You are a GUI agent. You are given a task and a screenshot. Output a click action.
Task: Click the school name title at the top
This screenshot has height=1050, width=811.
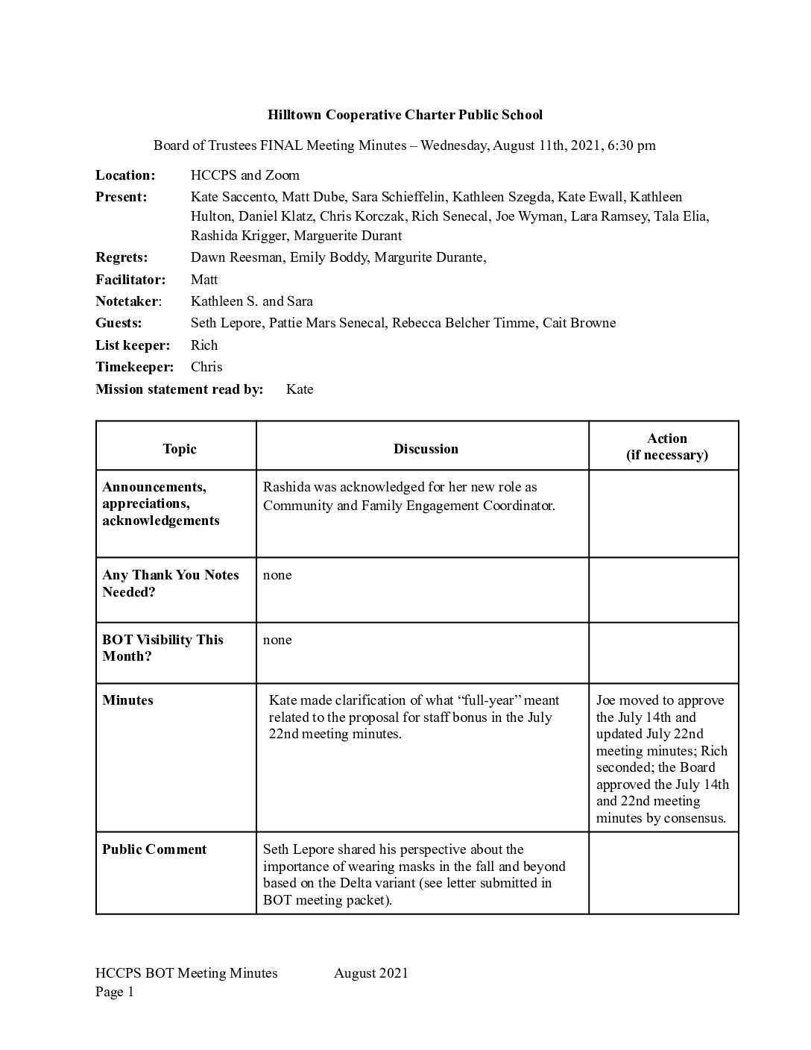[x=405, y=115]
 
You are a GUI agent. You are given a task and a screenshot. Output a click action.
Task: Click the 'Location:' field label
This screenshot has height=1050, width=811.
[x=125, y=175]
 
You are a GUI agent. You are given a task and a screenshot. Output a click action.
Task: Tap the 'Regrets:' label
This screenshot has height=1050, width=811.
[x=122, y=257]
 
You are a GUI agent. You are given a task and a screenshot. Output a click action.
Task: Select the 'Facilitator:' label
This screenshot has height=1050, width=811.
[x=130, y=280]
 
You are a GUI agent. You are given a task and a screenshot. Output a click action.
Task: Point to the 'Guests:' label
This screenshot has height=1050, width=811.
[x=119, y=323]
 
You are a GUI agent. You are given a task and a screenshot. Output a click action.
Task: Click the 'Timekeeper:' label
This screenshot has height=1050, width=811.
[x=134, y=367]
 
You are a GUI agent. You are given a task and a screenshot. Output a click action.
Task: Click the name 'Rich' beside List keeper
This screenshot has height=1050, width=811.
[x=204, y=345]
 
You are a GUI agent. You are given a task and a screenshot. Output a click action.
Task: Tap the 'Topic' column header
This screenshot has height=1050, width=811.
[x=180, y=449]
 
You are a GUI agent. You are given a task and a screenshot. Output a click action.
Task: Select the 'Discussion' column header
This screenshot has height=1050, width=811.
[x=426, y=449]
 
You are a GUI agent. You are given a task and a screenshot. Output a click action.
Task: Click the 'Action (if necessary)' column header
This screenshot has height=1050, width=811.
[x=666, y=447]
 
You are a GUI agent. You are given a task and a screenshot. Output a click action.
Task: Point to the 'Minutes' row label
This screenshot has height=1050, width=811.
[x=127, y=700]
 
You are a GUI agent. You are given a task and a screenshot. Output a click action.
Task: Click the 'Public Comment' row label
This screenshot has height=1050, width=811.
[x=154, y=849]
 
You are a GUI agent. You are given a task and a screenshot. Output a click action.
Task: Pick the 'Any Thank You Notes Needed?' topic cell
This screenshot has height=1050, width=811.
[x=171, y=583]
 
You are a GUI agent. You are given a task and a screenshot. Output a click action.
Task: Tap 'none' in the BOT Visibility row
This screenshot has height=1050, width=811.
[x=277, y=640]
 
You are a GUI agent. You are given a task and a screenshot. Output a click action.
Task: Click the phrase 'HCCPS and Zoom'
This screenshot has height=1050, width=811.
[x=245, y=175]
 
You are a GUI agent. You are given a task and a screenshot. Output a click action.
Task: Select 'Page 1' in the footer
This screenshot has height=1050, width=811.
[x=115, y=992]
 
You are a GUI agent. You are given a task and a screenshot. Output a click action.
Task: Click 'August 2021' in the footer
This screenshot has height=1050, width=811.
[x=371, y=972]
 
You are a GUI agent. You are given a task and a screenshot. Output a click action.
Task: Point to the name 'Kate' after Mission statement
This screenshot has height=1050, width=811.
[x=300, y=389]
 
